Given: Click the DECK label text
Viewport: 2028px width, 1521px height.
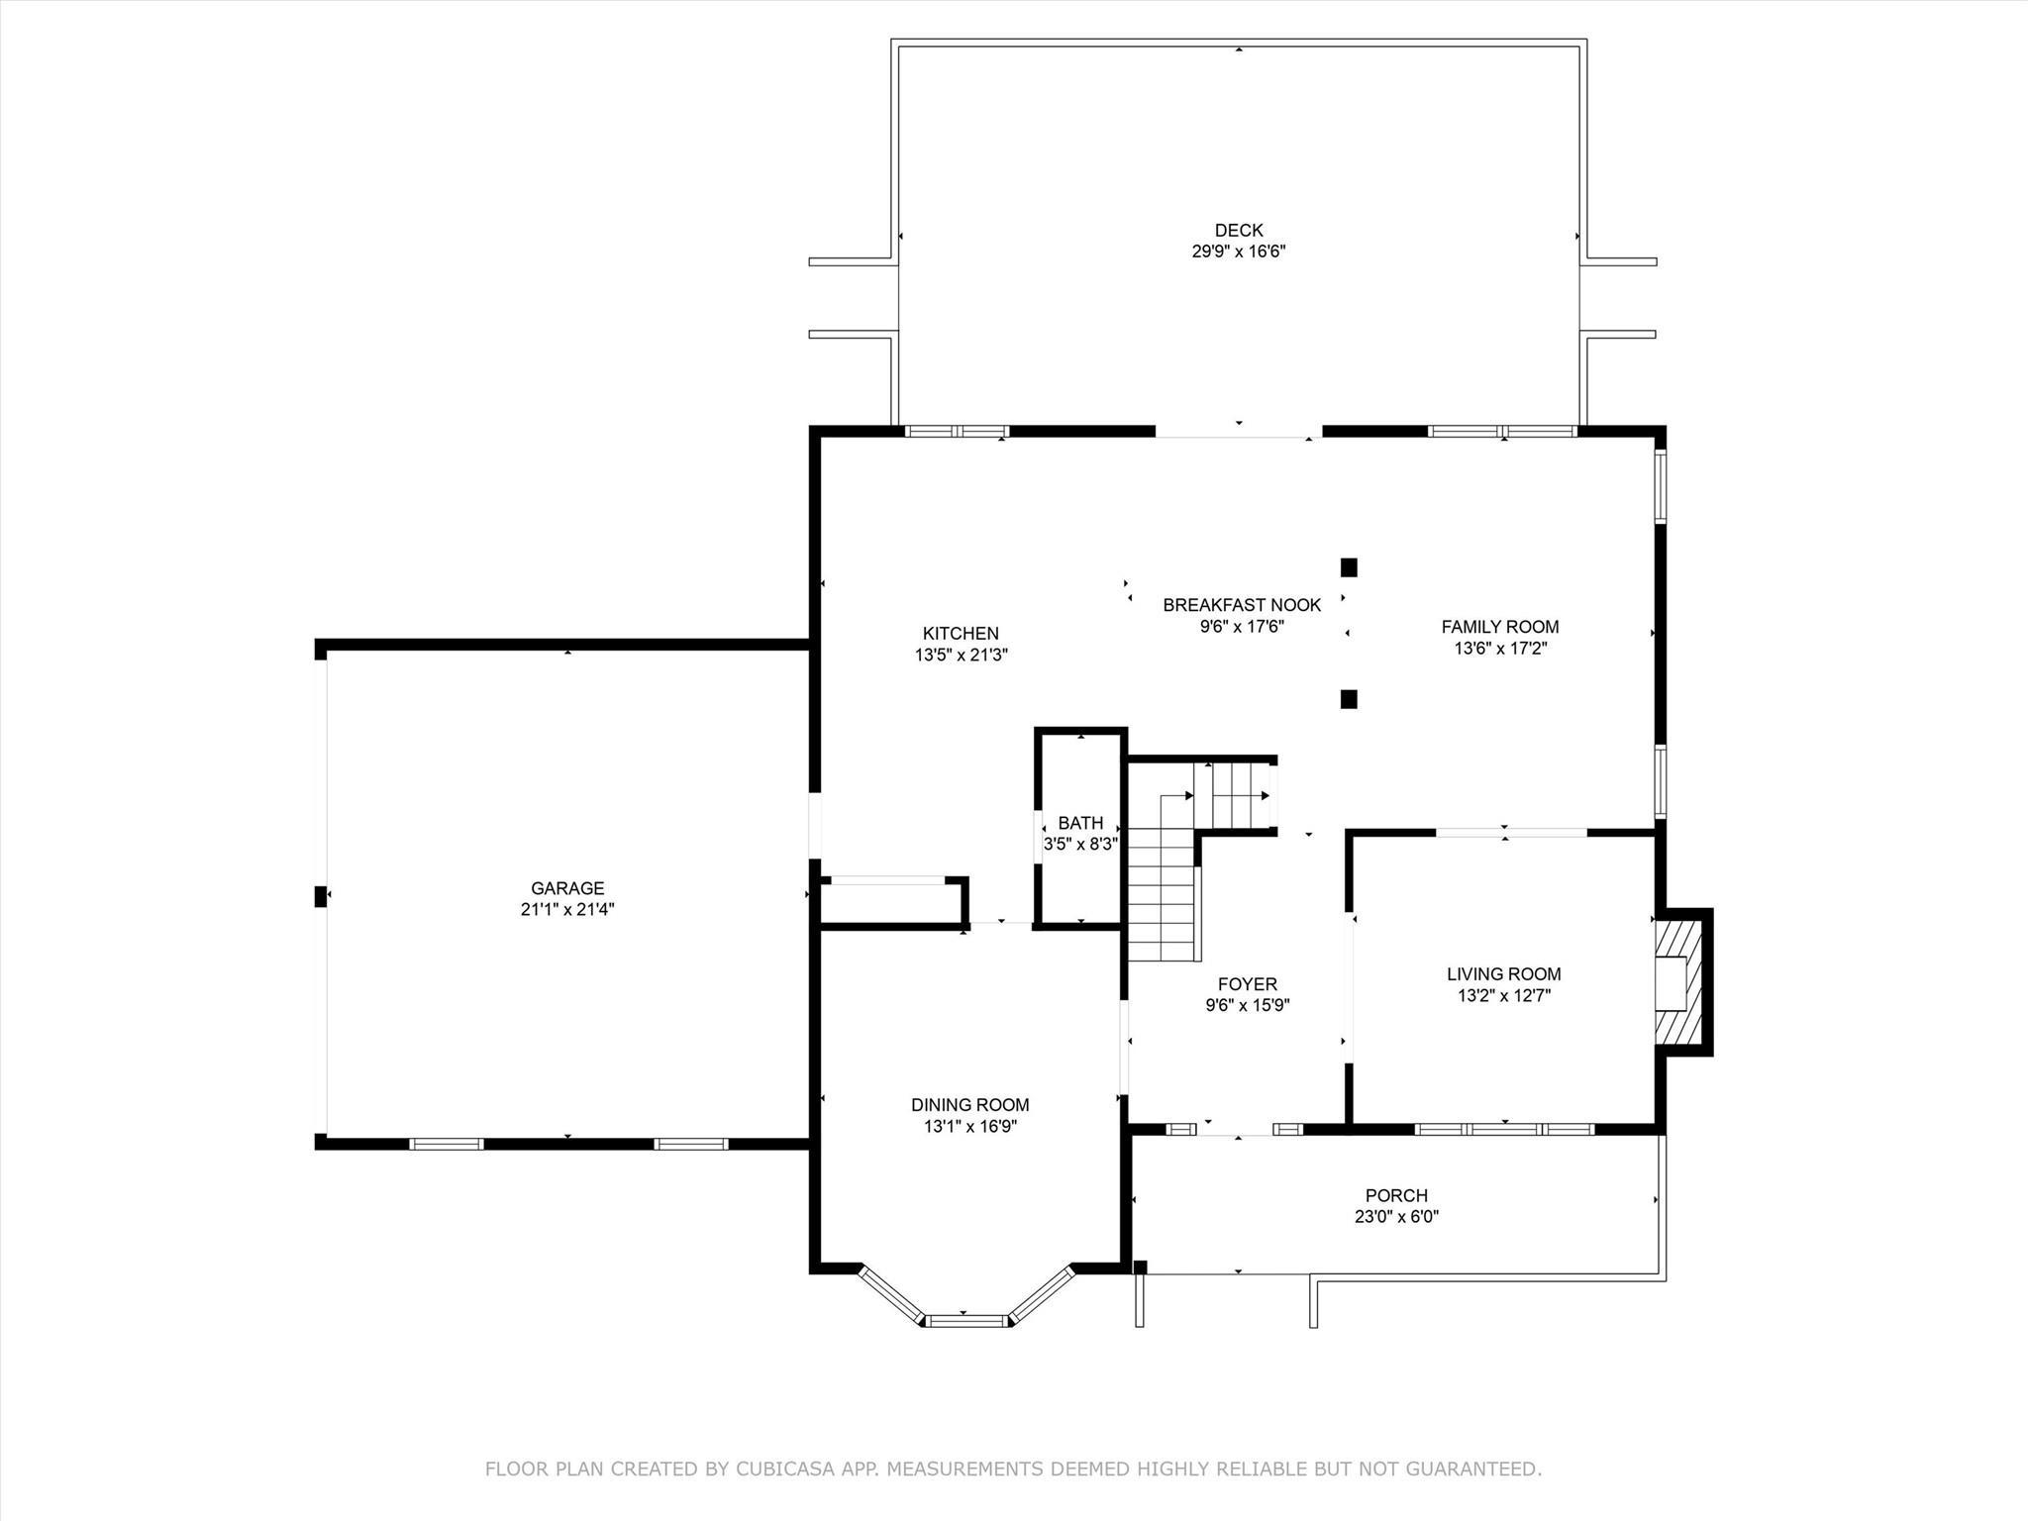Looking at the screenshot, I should (1239, 231).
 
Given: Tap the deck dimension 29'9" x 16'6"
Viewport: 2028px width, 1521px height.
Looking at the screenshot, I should (1239, 253).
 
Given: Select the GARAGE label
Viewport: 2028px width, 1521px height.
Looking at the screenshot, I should (567, 888).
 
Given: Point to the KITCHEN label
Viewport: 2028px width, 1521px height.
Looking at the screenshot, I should (961, 634).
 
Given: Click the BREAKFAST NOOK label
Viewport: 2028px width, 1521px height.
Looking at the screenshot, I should (1242, 605).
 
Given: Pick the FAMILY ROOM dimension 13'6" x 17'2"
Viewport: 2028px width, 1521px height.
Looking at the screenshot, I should (1500, 650).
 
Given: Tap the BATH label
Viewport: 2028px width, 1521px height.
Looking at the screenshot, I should (1080, 823).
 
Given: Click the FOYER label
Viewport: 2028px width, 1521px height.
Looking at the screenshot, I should (1248, 984).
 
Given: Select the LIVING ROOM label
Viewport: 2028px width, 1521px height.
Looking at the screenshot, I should (1503, 974).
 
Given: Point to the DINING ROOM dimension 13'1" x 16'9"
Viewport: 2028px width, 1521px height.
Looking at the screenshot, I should (970, 1127).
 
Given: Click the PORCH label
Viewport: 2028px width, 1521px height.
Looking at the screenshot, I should (1396, 1195).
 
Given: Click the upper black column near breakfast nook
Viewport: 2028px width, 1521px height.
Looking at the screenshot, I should (1349, 567).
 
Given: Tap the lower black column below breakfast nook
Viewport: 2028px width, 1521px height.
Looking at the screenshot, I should (1349, 699).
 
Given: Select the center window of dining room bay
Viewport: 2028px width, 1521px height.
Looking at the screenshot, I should (966, 1320).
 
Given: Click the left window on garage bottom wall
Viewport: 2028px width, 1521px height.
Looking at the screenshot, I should (447, 1144).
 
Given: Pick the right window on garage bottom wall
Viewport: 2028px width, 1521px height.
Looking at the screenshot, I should (691, 1144).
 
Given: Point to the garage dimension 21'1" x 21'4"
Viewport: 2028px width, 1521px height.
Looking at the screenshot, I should (567, 910).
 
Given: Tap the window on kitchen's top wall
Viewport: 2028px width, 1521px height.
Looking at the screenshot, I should (957, 432).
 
